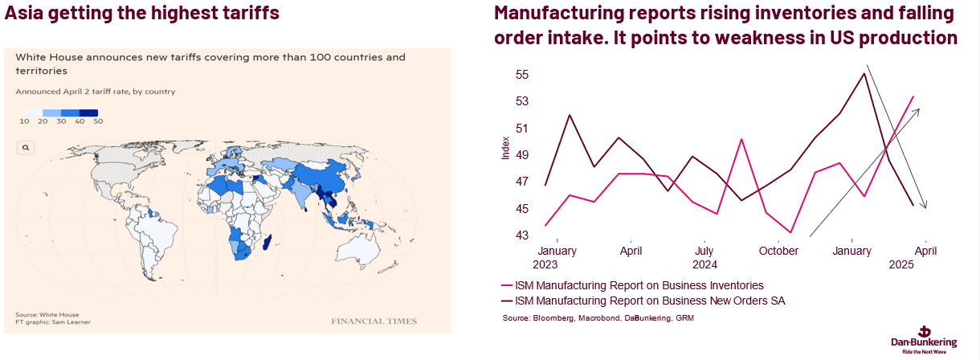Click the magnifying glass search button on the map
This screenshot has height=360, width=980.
[27, 148]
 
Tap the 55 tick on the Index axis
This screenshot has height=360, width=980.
[522, 75]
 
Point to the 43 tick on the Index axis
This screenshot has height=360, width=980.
[522, 235]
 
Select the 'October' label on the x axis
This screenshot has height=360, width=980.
[778, 251]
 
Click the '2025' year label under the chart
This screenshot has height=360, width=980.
[901, 264]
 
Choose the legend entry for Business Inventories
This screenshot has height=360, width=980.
[631, 285]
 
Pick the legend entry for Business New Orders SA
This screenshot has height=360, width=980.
[642, 300]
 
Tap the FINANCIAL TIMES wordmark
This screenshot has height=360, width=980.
[374, 321]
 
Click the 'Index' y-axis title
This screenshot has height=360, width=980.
[505, 149]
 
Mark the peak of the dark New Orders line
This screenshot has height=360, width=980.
[864, 74]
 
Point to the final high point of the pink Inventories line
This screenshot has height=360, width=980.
[913, 96]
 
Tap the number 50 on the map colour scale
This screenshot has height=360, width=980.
[98, 120]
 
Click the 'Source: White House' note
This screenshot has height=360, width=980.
[47, 314]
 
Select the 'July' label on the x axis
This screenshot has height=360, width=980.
[703, 251]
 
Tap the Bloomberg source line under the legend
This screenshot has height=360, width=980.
[598, 318]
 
